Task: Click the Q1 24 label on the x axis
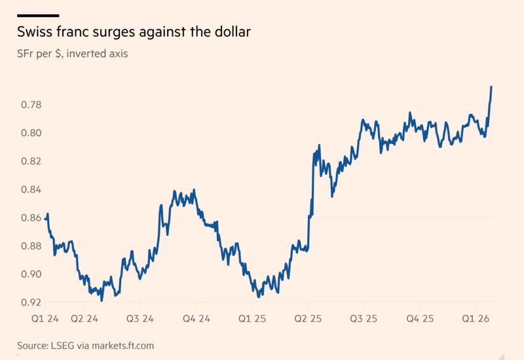[45, 318]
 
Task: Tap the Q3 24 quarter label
[140, 318]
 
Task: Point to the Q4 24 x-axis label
[196, 318]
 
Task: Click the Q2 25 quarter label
[308, 318]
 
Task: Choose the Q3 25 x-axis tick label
[364, 318]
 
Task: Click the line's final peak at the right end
[491, 87]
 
